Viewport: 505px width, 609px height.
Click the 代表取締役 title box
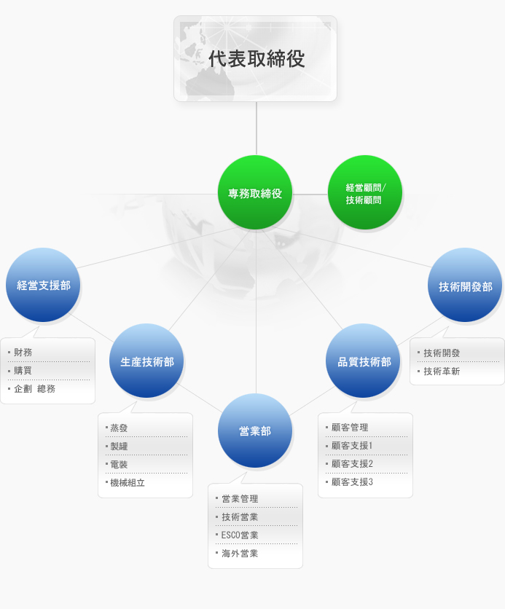(255, 58)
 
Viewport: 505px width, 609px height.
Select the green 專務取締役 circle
(255, 192)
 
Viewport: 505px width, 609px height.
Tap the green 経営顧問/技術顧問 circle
(364, 193)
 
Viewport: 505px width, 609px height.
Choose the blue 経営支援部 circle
(43, 285)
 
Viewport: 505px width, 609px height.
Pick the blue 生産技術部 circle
(146, 361)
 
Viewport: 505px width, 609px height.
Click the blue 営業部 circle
(255, 431)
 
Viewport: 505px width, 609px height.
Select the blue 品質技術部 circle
(364, 361)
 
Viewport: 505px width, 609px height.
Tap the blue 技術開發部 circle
(465, 286)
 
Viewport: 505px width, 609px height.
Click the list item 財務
(23, 353)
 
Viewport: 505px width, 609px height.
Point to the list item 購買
(23, 371)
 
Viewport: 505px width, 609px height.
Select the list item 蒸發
(119, 428)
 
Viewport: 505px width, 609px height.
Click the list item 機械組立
(128, 482)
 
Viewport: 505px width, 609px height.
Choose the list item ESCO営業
(240, 535)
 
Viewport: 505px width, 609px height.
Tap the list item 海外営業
(240, 554)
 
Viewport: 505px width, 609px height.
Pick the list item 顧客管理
(350, 428)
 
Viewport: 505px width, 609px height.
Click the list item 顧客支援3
(352, 482)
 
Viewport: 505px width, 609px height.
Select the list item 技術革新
(442, 372)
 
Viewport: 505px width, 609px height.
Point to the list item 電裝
(119, 464)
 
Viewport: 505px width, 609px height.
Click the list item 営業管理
(240, 499)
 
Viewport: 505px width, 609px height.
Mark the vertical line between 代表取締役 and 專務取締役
(256, 128)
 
